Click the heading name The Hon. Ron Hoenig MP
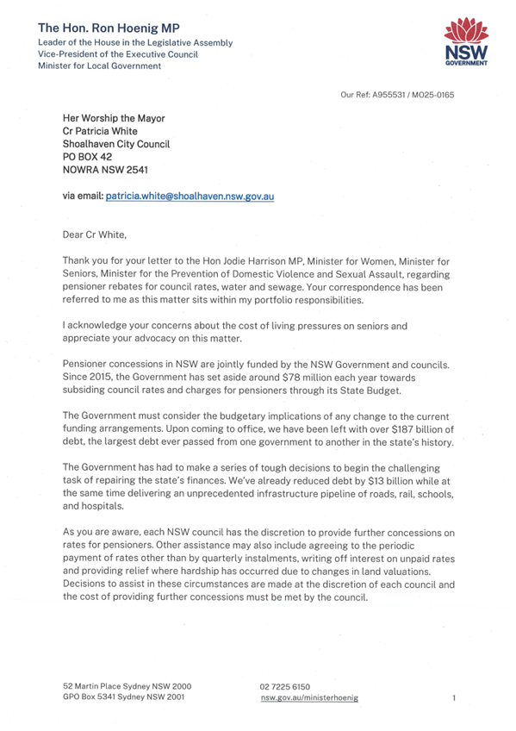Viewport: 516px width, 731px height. [109, 28]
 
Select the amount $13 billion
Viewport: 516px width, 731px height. [371, 476]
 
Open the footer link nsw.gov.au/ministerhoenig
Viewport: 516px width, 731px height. [309, 697]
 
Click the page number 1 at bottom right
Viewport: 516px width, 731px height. [453, 697]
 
